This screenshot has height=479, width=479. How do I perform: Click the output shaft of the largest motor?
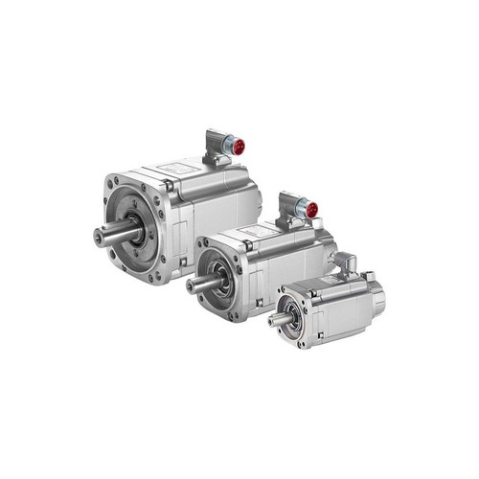tap(110, 233)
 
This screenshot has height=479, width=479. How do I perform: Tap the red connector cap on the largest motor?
tap(238, 147)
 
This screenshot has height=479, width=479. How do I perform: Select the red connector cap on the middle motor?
tap(310, 209)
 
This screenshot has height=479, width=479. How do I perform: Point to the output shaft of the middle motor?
tap(199, 284)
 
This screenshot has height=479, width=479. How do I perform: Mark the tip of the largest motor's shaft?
tap(97, 235)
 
